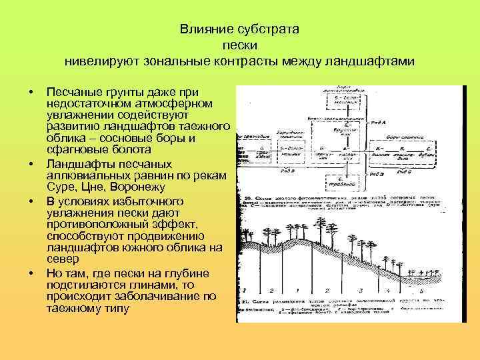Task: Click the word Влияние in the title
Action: [200, 31]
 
